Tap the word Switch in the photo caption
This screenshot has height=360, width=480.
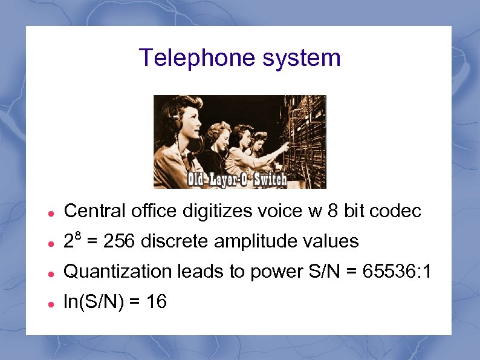[x=270, y=180]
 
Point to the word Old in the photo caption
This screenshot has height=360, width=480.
[x=197, y=180]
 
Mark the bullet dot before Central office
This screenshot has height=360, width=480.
[x=52, y=213]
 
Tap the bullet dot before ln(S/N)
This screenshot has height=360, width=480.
[x=52, y=303]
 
